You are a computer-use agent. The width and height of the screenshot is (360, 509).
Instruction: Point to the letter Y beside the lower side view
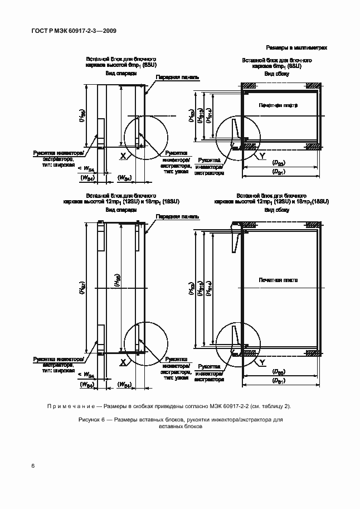click(261, 363)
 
